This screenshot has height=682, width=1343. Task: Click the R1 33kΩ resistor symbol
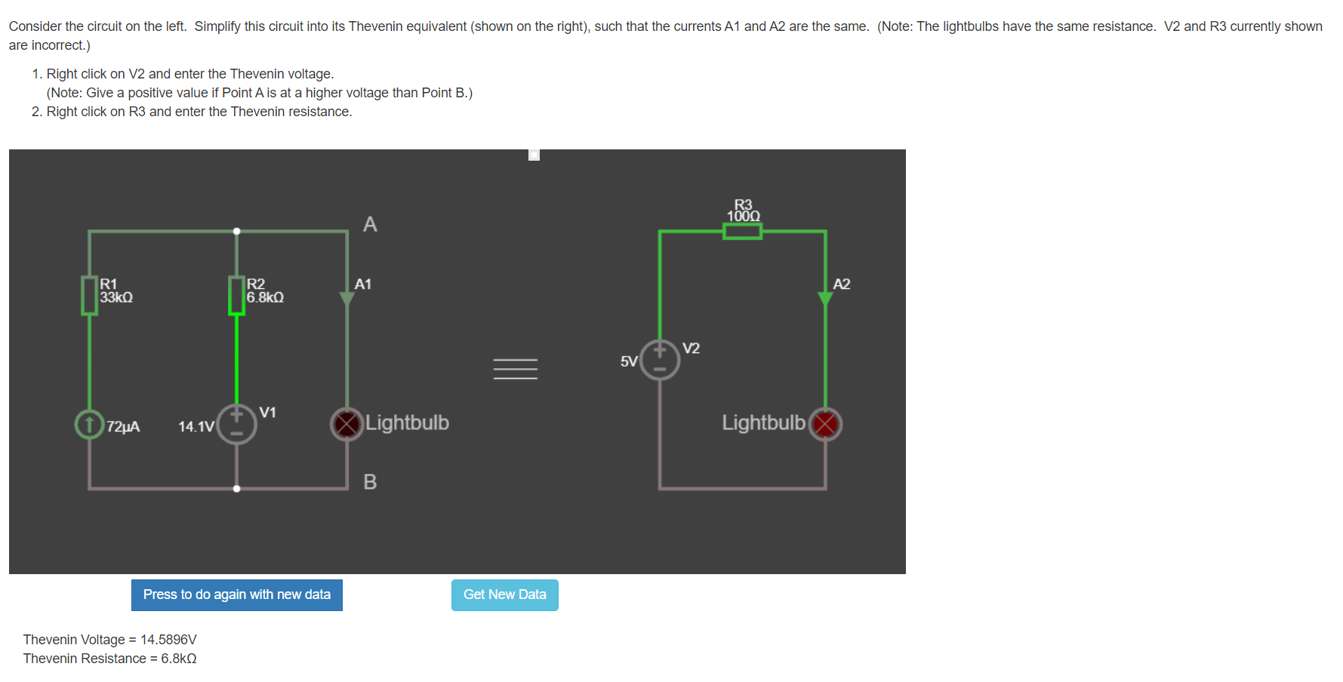click(89, 296)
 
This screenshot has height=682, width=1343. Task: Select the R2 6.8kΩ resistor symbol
click(236, 296)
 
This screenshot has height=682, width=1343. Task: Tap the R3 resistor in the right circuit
click(742, 231)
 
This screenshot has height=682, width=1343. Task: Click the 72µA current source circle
click(89, 424)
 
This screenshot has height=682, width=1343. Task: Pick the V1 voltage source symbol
click(236, 424)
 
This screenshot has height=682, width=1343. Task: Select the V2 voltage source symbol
click(660, 360)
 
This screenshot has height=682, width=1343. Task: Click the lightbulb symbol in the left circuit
click(347, 424)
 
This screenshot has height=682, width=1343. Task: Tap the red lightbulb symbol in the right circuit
click(825, 424)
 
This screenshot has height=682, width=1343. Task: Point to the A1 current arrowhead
click(347, 299)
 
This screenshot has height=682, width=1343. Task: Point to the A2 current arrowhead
click(825, 299)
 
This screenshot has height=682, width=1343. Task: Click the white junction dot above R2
click(236, 231)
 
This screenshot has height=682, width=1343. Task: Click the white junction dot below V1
click(236, 489)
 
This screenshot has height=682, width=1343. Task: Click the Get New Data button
click(504, 595)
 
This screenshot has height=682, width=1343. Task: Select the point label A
click(370, 224)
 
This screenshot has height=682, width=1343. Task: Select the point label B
click(370, 481)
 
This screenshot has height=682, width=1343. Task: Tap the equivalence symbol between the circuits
click(516, 368)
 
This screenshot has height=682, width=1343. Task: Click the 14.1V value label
click(196, 427)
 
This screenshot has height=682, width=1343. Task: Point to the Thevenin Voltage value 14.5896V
click(168, 640)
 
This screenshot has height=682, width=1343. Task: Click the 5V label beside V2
click(628, 362)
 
